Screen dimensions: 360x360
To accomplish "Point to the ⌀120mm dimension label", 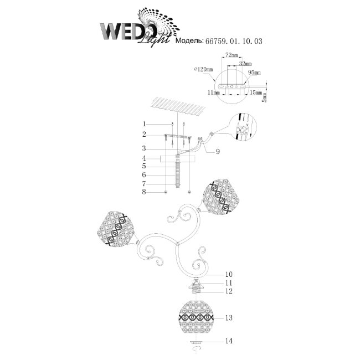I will tap(204, 70).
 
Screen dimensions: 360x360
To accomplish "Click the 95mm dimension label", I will tap(254, 73).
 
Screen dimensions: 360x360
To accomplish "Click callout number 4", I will tap(143, 158).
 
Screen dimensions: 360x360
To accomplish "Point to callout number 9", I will tap(218, 151).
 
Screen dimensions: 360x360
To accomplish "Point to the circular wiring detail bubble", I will tap(241, 128).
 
